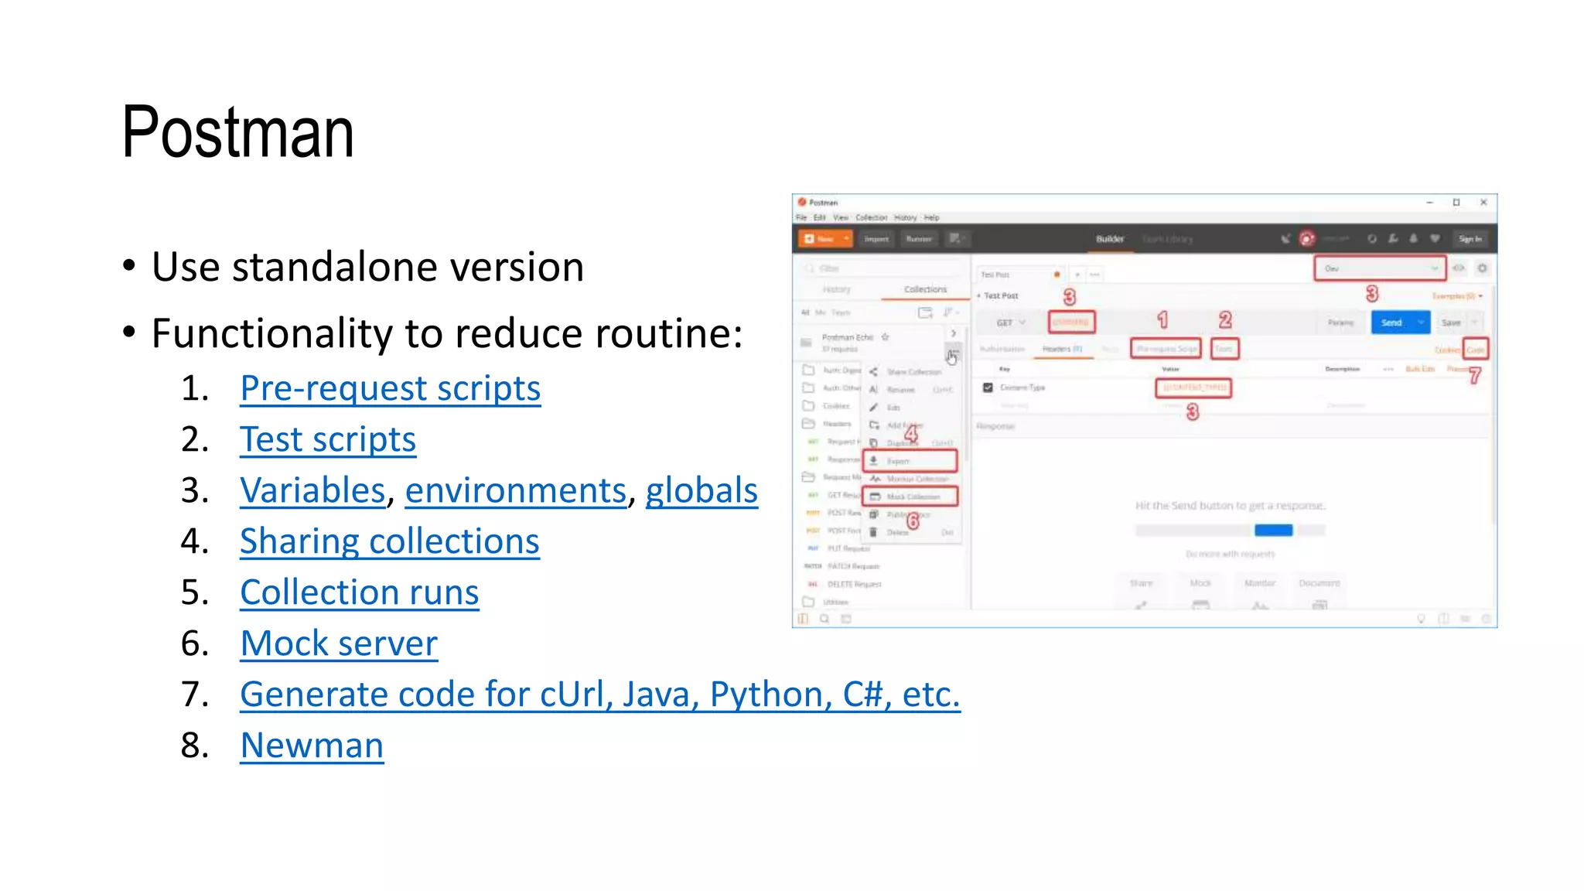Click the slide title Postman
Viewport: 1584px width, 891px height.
pos(237,133)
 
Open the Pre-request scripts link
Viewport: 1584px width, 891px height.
pos(390,388)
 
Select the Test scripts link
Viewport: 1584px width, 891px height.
pos(328,439)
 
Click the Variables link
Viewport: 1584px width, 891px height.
pos(312,490)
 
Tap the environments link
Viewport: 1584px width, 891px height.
pos(515,490)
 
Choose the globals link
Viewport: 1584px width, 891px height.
pos(702,490)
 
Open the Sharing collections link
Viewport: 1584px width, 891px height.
pos(389,541)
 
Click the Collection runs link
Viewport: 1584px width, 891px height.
pos(359,592)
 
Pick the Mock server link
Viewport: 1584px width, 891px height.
pos(339,643)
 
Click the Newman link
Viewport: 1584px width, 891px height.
pos(312,746)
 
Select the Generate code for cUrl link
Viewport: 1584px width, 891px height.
pos(599,695)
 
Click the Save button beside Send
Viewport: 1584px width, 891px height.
pos(1451,323)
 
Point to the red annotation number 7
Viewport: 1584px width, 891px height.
pos(1475,377)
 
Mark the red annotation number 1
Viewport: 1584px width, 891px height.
pos(1162,319)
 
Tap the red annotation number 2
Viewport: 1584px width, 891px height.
pos(1225,319)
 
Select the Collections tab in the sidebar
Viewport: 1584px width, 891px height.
pos(925,289)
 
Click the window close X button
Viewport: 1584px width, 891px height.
pos(1483,203)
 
